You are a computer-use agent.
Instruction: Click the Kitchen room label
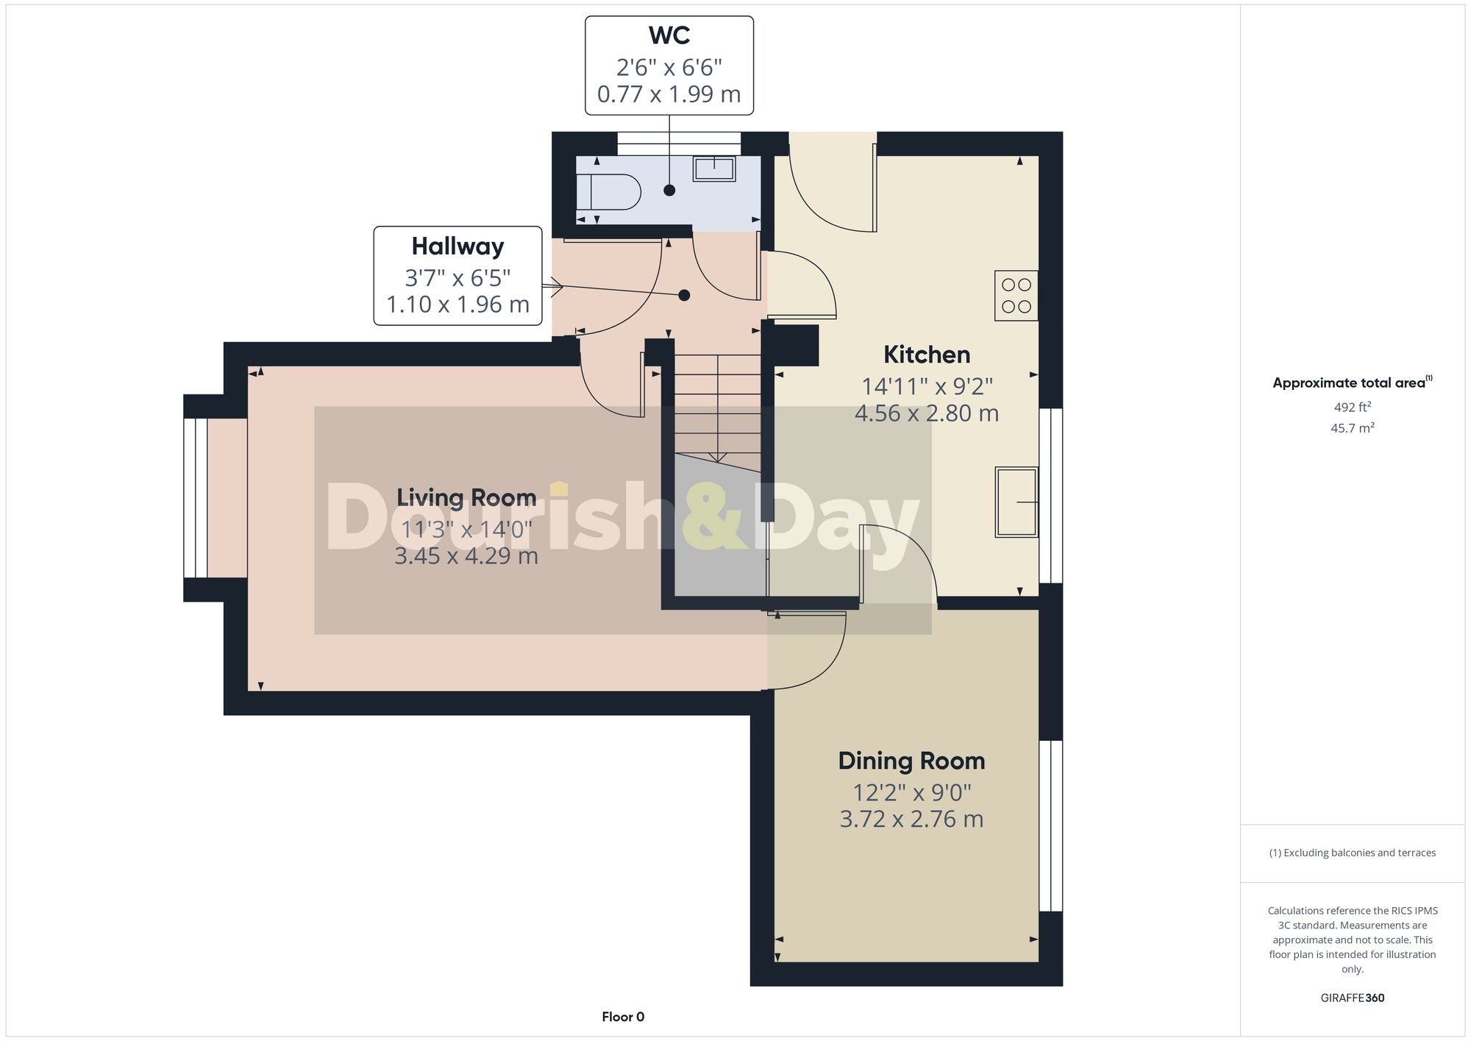click(x=926, y=355)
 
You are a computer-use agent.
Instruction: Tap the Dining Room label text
click(x=911, y=761)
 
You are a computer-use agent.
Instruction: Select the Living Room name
click(x=466, y=497)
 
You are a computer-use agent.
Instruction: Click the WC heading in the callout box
click(x=669, y=35)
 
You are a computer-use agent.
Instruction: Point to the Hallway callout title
click(x=457, y=246)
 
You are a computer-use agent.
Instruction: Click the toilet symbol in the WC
click(x=609, y=193)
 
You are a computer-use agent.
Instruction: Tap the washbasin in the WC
click(x=713, y=168)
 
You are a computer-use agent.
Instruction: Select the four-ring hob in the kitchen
click(x=1016, y=296)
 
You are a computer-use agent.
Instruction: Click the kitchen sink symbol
click(x=1016, y=502)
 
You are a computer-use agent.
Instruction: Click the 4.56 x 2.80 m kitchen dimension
click(x=926, y=413)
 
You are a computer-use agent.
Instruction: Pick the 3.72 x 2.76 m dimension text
click(x=911, y=819)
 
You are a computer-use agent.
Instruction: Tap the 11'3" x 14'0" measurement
click(x=466, y=529)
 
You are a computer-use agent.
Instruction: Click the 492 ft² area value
click(x=1352, y=407)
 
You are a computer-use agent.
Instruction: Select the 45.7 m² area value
click(x=1352, y=427)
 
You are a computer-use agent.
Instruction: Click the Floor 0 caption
click(x=623, y=1017)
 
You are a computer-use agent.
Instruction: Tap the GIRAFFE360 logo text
click(x=1352, y=998)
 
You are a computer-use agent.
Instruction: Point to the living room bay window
click(x=196, y=498)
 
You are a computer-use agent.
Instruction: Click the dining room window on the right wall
click(x=1050, y=825)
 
